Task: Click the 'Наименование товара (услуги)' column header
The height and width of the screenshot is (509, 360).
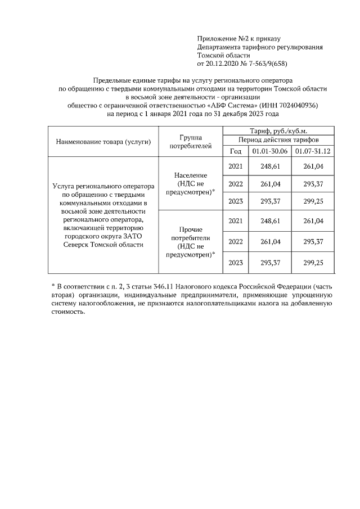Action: (103, 141)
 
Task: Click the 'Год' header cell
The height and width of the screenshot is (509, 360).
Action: (236, 151)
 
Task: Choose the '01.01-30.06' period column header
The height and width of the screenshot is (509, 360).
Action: (270, 151)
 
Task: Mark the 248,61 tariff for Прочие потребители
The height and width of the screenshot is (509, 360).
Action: (270, 221)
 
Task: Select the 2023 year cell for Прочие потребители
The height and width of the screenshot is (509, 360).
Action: (236, 262)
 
